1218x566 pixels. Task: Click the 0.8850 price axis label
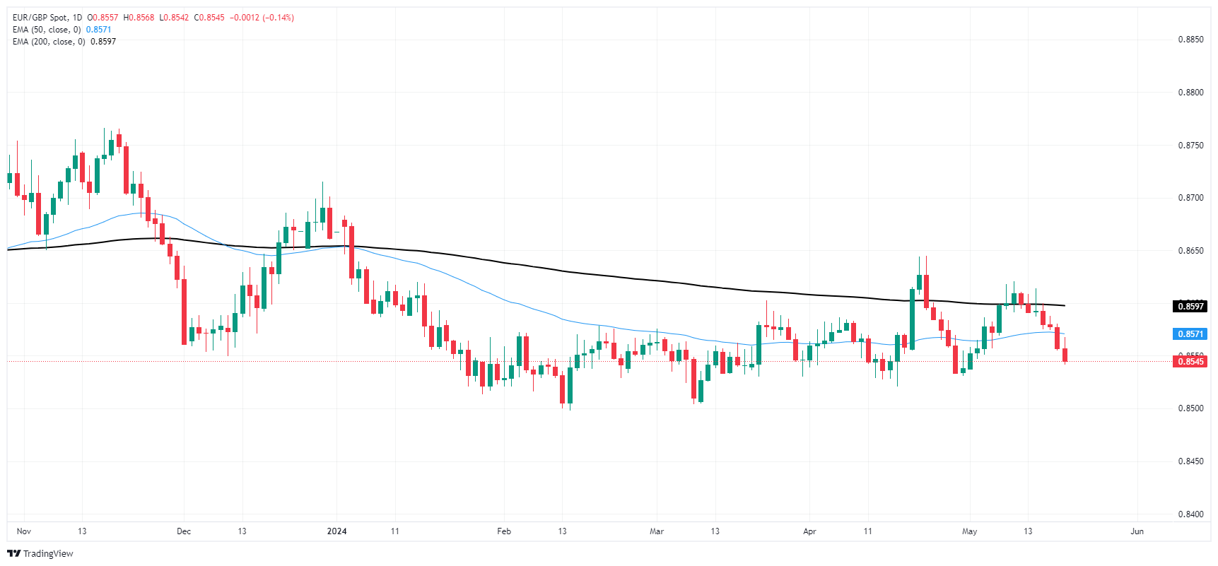pyautogui.click(x=1190, y=40)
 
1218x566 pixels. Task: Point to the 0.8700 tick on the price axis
pyautogui.click(x=1190, y=198)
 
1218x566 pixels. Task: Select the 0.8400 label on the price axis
pyautogui.click(x=1190, y=514)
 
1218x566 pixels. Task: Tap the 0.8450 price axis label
pyautogui.click(x=1190, y=461)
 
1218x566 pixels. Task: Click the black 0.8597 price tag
pyautogui.click(x=1190, y=307)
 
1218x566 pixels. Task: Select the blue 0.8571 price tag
pyautogui.click(x=1190, y=334)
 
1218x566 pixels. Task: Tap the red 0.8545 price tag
pyautogui.click(x=1190, y=362)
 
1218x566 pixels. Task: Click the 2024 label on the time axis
pyautogui.click(x=336, y=531)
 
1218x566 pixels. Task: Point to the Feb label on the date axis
pyautogui.click(x=504, y=531)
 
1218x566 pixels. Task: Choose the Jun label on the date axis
pyautogui.click(x=1137, y=531)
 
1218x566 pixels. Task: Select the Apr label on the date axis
pyautogui.click(x=809, y=531)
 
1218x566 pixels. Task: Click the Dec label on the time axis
pyautogui.click(x=184, y=531)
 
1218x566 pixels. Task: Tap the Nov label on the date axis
pyautogui.click(x=24, y=531)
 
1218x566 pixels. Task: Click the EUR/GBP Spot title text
pyautogui.click(x=42, y=18)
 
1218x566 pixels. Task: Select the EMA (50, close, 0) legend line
pyautogui.click(x=47, y=30)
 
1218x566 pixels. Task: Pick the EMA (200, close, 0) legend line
pyautogui.click(x=49, y=42)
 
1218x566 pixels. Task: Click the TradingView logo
pyautogui.click(x=40, y=554)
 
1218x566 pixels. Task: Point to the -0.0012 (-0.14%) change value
pyautogui.click(x=262, y=18)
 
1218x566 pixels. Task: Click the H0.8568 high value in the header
pyautogui.click(x=139, y=18)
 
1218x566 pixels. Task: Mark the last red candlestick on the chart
pyautogui.click(x=1065, y=355)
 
